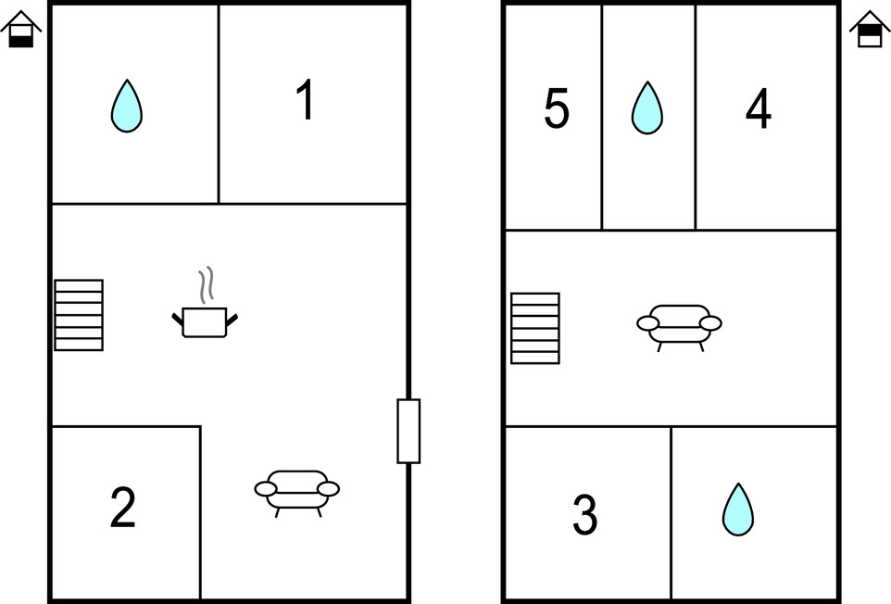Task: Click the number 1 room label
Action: (x=306, y=99)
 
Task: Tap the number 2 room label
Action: (x=123, y=507)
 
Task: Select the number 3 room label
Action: (x=584, y=514)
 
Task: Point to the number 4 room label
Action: (x=759, y=108)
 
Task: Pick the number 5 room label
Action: (x=557, y=108)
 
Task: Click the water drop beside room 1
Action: (x=127, y=106)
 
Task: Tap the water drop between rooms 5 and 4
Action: (x=647, y=107)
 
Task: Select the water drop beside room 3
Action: (x=738, y=510)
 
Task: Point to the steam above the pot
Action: (x=206, y=284)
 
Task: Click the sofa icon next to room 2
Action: (x=297, y=493)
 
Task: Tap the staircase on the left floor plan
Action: (x=79, y=315)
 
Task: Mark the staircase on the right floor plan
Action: (x=535, y=328)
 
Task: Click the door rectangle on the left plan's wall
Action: (x=408, y=432)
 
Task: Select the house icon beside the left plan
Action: (x=21, y=29)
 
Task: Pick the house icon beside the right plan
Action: (x=870, y=29)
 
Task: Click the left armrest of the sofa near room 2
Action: (x=266, y=488)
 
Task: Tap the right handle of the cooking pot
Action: (x=232, y=320)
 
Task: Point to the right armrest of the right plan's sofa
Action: (x=710, y=323)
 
